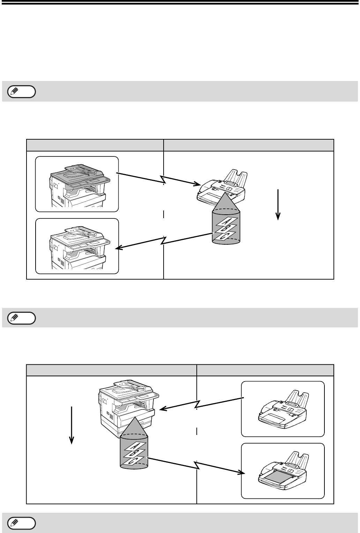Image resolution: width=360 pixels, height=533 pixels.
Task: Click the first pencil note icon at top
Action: (21, 91)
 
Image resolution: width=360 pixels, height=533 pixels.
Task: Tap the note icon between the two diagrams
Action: (21, 318)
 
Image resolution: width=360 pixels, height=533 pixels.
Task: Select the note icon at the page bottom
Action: (21, 523)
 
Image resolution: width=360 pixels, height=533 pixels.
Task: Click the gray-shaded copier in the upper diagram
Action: (77, 184)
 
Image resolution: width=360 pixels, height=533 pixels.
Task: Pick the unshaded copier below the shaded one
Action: (77, 246)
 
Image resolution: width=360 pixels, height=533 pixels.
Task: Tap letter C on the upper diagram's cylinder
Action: (224, 236)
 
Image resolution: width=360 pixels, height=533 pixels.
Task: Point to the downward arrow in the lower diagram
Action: (72, 425)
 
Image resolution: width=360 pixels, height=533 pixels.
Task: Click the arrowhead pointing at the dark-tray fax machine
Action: (240, 473)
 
